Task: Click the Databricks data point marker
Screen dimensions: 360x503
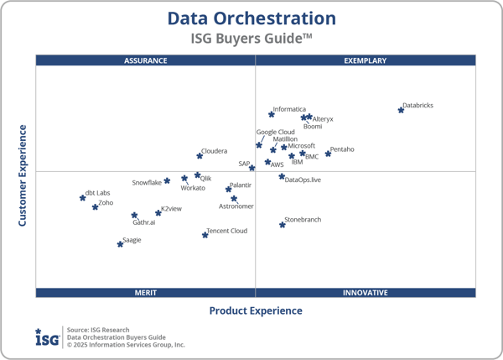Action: click(401, 110)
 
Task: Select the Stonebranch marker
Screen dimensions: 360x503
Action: click(283, 225)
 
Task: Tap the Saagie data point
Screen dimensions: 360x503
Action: click(120, 244)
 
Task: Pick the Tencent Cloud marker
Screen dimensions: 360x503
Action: click(205, 235)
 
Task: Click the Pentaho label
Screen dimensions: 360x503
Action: click(342, 149)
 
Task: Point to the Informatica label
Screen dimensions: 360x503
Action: click(290, 109)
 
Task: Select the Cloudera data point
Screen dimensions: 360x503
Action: click(200, 155)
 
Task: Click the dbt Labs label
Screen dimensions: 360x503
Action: click(97, 193)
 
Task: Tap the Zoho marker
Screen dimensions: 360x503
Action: click(95, 206)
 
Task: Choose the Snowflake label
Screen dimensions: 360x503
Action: click(147, 183)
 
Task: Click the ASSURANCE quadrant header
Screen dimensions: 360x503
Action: click(145, 60)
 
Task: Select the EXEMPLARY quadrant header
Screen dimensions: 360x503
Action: click(366, 60)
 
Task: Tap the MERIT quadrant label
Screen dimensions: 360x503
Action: click(145, 293)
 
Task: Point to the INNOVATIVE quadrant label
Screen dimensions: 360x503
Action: click(366, 293)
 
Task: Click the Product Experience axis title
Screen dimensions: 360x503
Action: click(256, 310)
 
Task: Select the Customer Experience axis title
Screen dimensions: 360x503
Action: click(23, 175)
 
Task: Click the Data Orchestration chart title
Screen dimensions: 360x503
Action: click(251, 18)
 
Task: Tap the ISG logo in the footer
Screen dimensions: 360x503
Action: click(47, 337)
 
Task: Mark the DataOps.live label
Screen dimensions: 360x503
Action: click(303, 180)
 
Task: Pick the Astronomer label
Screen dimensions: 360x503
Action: click(236, 206)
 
